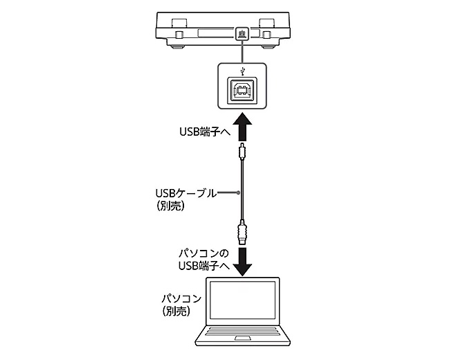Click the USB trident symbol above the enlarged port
(x=241, y=71)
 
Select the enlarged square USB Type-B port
(x=241, y=89)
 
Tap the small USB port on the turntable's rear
(x=241, y=33)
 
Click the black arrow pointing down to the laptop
(x=241, y=259)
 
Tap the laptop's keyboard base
(x=245, y=337)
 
